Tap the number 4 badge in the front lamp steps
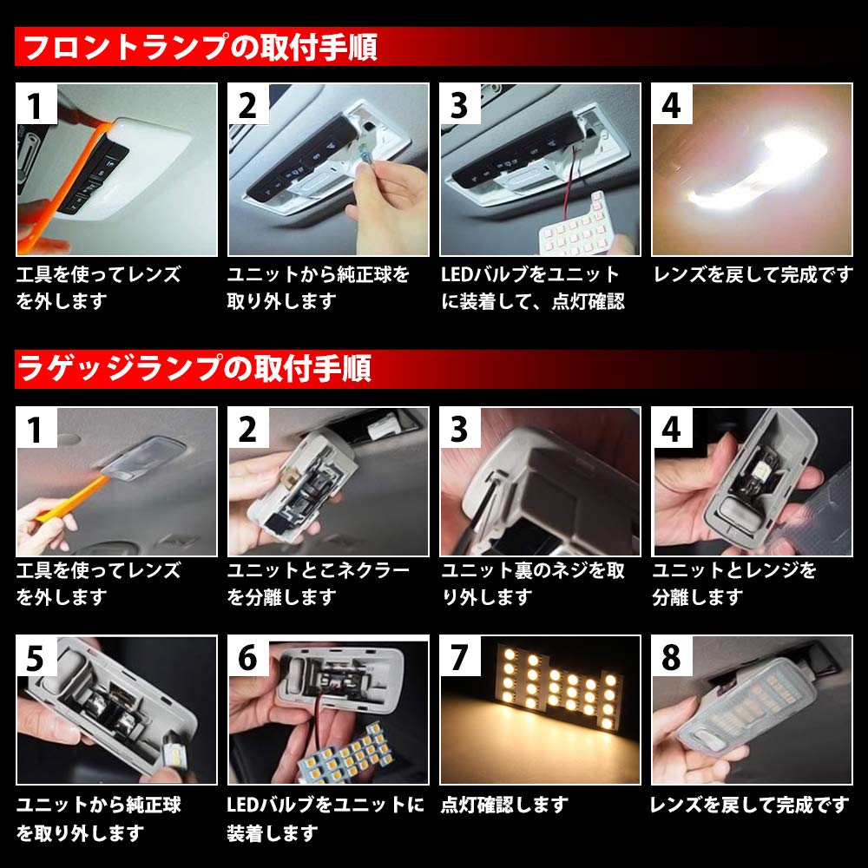(x=672, y=105)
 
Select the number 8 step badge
(x=672, y=657)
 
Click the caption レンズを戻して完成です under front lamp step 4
(x=752, y=276)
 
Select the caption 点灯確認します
(x=504, y=806)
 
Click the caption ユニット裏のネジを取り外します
(x=532, y=583)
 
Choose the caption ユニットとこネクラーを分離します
(x=318, y=583)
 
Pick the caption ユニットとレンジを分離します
(x=733, y=583)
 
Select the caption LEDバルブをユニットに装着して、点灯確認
(x=532, y=288)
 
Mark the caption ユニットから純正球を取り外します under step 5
(x=98, y=819)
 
